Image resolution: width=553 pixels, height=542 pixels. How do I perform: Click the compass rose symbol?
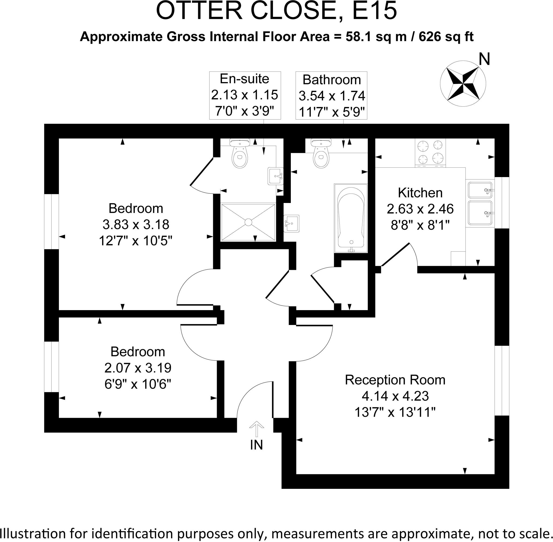coord(463,83)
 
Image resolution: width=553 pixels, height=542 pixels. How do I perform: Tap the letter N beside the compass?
coord(484,59)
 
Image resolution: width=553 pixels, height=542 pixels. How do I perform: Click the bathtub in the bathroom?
coord(351,218)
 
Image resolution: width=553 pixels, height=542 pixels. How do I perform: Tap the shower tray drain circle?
coord(248,222)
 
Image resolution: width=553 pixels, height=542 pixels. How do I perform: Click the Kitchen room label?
coord(420,193)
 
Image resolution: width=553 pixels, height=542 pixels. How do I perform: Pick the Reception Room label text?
coord(395,380)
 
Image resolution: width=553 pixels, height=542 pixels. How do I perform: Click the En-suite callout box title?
coord(244,79)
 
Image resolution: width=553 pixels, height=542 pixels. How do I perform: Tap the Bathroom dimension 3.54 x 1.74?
coord(332,96)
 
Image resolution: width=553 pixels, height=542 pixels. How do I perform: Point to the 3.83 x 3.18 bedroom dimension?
coord(136,225)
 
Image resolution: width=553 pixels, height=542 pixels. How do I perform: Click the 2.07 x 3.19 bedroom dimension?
coord(138,368)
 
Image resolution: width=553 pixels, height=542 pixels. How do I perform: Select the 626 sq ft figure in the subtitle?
coord(446,37)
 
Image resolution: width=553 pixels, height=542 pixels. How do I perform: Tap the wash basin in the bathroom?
coord(291,223)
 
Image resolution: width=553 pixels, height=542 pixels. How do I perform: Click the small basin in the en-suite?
coord(275,176)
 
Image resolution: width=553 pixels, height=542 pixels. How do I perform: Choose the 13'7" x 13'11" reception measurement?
coord(395,412)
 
